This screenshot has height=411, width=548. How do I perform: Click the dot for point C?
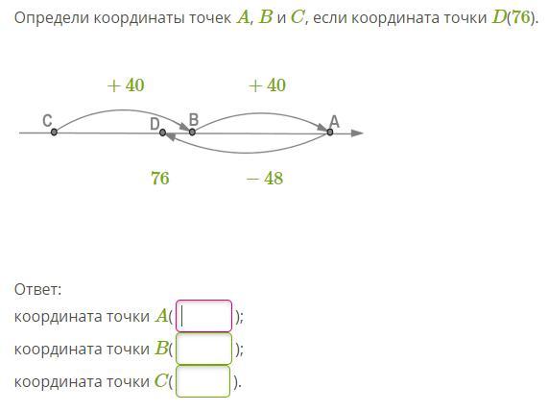point(54,133)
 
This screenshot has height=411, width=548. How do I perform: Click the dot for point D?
point(162,133)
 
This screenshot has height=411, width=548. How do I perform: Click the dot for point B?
point(192,133)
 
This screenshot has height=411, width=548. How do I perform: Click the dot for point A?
point(330,133)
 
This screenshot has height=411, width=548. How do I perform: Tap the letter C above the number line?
point(47,121)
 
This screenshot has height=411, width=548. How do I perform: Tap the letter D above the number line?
point(155,124)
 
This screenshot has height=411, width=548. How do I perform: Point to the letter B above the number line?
point(194,119)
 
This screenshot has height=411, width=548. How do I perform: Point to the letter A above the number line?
point(334,121)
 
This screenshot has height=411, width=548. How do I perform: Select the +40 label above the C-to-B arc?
point(126,85)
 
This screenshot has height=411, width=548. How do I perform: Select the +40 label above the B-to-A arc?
point(268,85)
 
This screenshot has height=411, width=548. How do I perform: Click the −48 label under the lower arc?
point(265,178)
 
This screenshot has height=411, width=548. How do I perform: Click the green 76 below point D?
point(160,178)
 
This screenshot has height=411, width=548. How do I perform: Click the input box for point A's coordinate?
point(203,316)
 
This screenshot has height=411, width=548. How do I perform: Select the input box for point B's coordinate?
point(203,349)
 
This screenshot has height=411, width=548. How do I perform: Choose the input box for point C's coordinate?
point(203,381)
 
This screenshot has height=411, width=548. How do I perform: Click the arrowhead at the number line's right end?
point(357,133)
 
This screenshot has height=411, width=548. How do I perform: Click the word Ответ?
point(37,290)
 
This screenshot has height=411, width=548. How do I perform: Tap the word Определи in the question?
point(52,18)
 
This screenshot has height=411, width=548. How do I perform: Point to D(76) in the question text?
point(513,17)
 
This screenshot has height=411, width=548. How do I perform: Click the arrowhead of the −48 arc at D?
point(171,136)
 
